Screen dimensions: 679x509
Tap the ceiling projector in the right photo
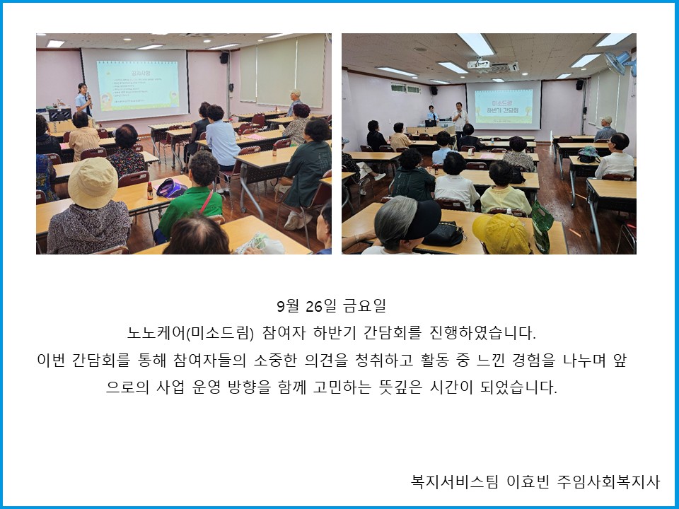480,64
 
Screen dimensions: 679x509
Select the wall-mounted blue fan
620,63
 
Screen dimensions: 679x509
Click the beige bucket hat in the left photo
93,182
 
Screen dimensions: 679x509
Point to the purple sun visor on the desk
171,188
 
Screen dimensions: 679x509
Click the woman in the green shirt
190,197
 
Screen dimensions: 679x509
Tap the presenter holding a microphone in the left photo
83,99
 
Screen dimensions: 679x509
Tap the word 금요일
364,306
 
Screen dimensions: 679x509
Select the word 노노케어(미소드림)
190,333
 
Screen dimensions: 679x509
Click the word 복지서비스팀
455,481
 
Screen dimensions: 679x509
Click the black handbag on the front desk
443,234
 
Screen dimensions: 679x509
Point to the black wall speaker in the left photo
224,57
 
